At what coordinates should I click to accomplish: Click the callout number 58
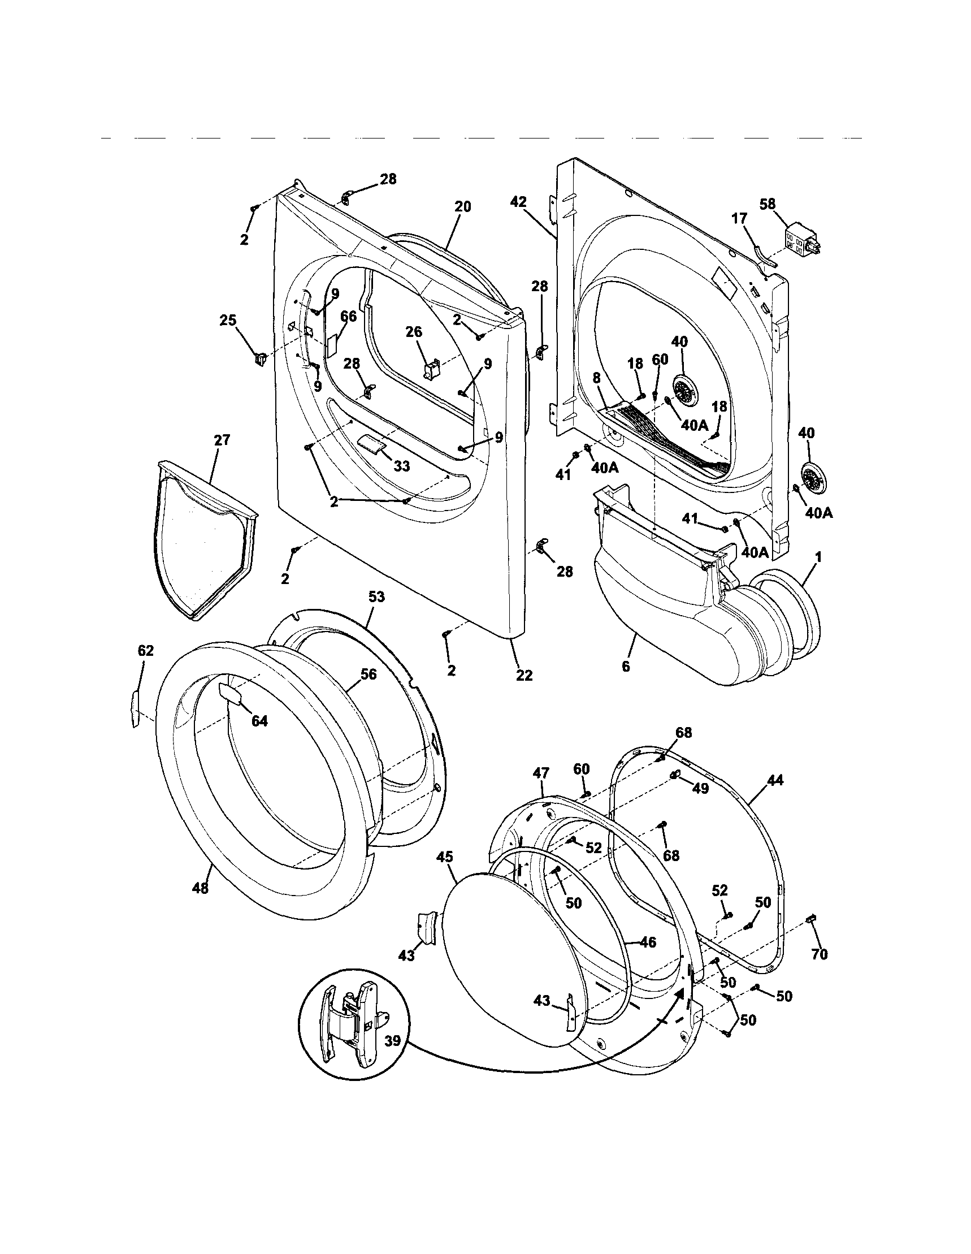768,204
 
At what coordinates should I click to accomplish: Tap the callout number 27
222,440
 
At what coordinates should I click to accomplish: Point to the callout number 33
401,466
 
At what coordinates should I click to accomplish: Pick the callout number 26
414,332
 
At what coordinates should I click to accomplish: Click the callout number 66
348,317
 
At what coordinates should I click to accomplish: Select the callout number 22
524,676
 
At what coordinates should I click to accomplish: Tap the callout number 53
376,597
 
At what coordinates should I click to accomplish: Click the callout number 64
259,722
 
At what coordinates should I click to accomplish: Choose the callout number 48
200,888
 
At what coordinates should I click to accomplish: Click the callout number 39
393,1041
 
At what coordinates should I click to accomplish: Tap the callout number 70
820,954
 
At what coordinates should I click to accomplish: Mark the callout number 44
775,780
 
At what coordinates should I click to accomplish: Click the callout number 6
626,667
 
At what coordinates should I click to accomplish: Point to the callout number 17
739,219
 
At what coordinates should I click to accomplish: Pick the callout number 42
518,201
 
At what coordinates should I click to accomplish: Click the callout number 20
462,207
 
